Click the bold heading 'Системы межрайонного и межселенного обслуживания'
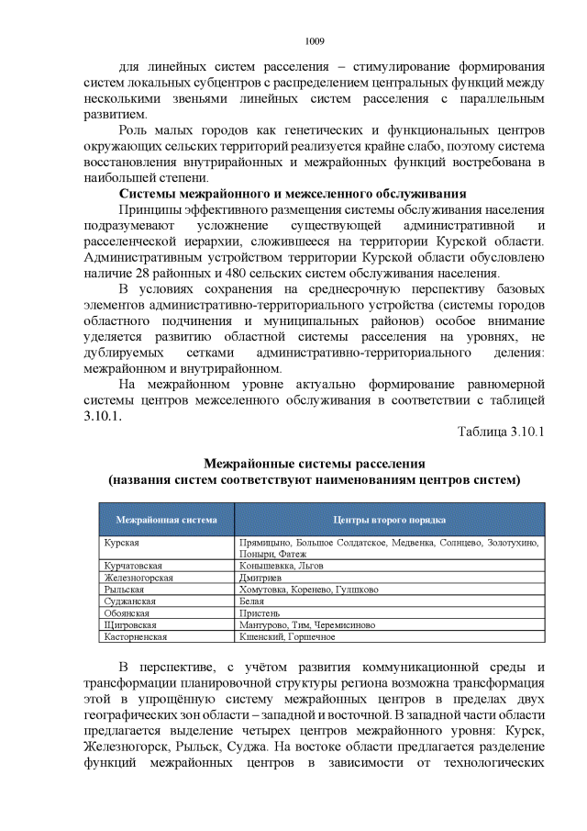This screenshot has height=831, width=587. click(x=293, y=193)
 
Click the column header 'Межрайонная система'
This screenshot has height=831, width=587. click(x=167, y=519)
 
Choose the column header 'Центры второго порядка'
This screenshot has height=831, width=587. click(x=390, y=519)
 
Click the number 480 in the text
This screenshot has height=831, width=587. click(x=251, y=273)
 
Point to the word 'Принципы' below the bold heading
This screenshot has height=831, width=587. click(x=151, y=209)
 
